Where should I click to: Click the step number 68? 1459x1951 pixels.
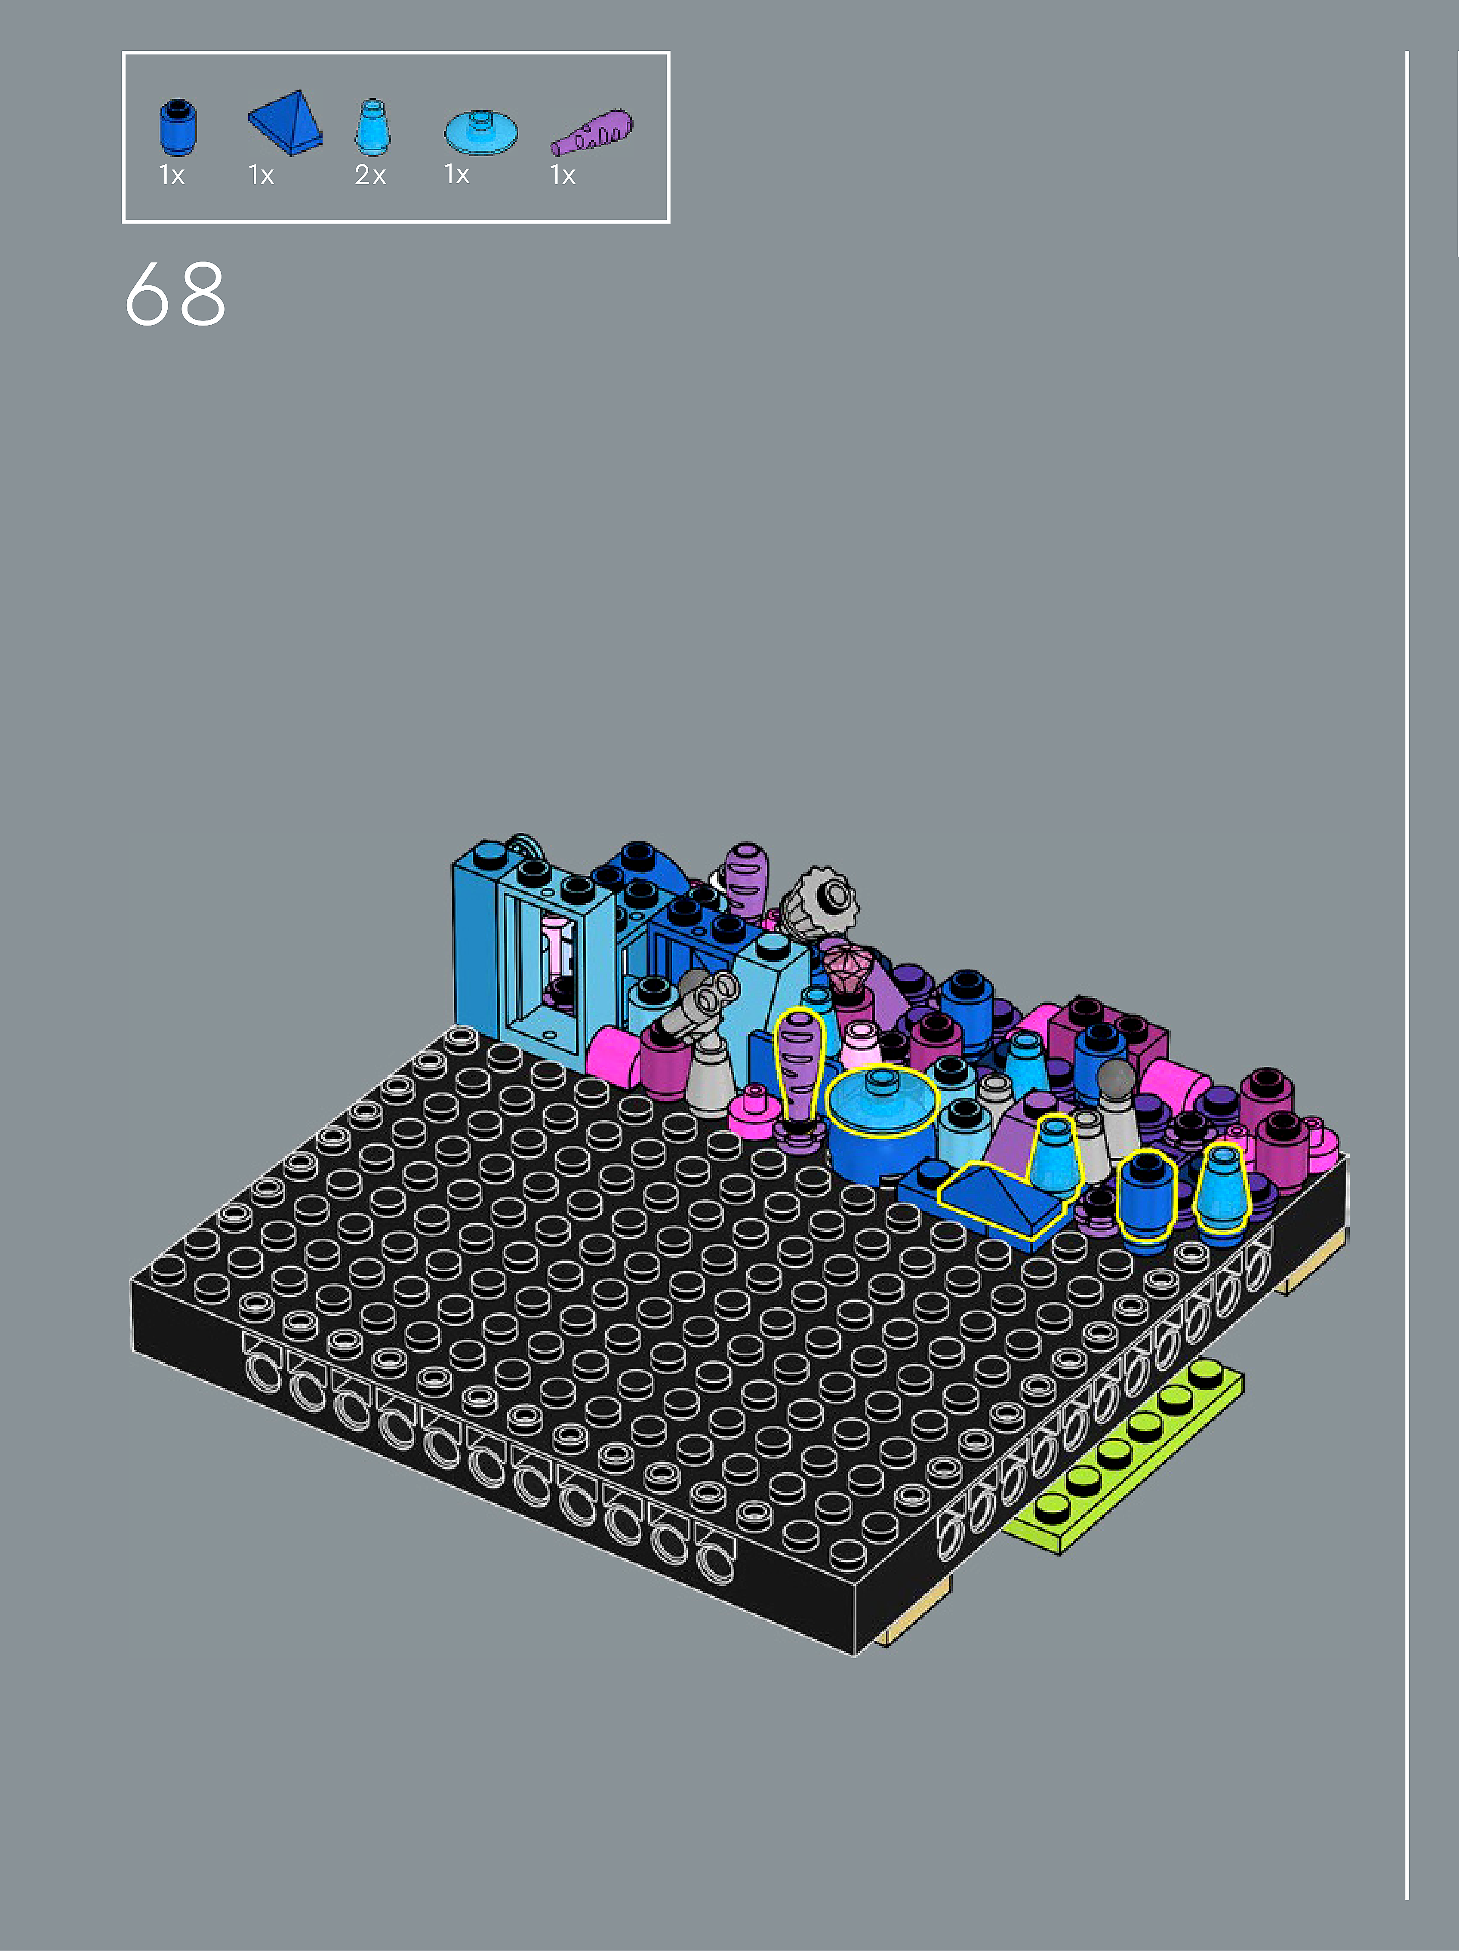[x=175, y=294]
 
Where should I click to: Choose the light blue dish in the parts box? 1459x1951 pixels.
[x=481, y=132]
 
